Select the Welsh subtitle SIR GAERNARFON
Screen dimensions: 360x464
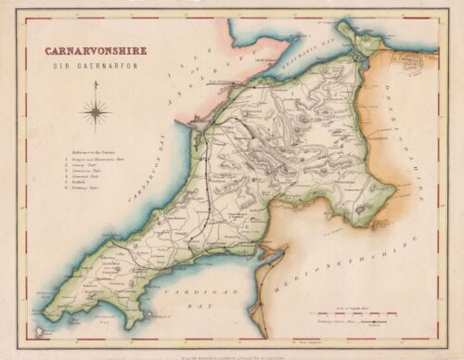pos(84,67)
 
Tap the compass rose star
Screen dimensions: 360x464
pos(95,113)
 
